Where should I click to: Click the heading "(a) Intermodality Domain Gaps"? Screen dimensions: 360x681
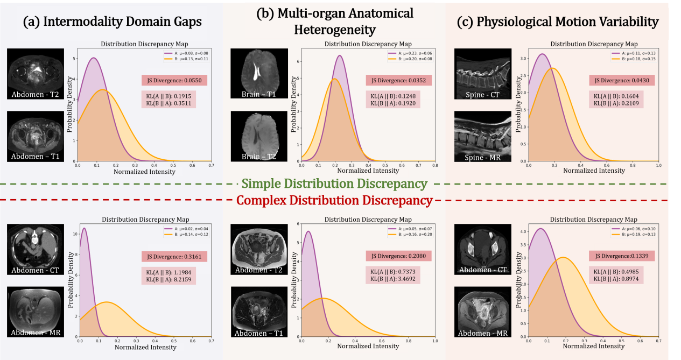112,23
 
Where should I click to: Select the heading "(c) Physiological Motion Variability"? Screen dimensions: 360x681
557,22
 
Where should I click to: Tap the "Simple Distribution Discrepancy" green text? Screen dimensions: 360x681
334,183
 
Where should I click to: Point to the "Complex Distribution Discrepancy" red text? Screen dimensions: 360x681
335,201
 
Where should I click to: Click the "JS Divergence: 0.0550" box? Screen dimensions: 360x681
174,80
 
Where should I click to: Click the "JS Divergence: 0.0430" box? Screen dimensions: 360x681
622,80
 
